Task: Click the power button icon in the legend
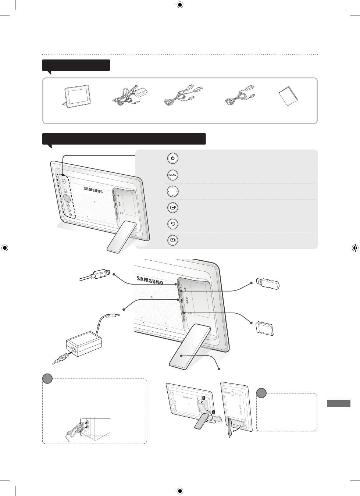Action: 173,158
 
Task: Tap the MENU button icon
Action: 173,175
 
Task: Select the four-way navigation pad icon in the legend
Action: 173,191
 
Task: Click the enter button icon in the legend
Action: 173,208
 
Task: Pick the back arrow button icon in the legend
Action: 173,224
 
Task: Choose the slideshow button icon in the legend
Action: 173,240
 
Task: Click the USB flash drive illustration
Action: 268,283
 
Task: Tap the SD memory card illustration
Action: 264,328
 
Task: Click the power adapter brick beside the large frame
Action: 84,344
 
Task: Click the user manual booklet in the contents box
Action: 288,96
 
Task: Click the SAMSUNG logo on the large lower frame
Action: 150,280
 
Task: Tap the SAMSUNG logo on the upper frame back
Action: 93,190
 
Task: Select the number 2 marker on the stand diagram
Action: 213,412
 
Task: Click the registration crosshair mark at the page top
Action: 180,5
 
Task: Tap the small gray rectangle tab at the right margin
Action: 339,403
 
